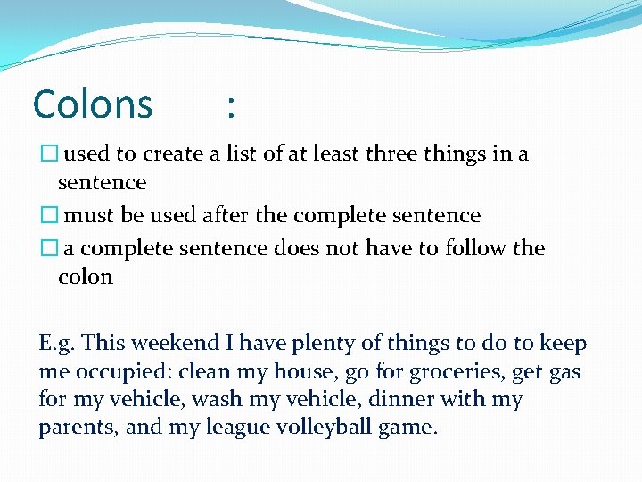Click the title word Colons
coord(93,104)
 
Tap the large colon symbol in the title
coord(231,107)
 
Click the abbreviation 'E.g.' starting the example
coord(56,344)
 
